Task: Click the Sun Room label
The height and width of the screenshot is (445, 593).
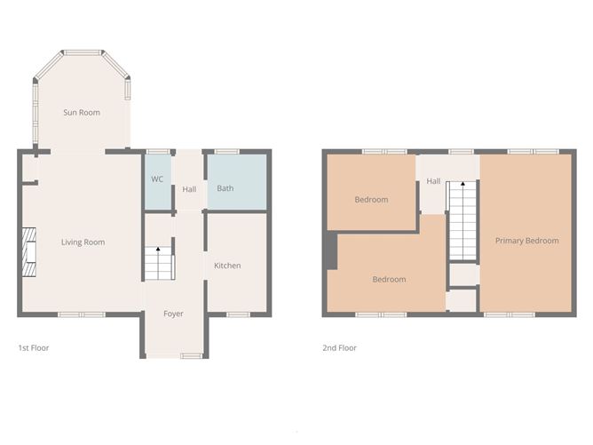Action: click(81, 113)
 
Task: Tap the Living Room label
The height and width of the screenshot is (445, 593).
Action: click(83, 242)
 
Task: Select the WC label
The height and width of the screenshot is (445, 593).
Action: click(157, 179)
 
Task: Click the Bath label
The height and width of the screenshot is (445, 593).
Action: click(225, 188)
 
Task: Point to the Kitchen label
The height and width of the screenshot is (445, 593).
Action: click(227, 266)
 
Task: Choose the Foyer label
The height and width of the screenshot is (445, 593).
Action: click(173, 314)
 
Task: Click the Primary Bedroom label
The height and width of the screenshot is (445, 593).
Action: click(527, 241)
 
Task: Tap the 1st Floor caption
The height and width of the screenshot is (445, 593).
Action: click(34, 348)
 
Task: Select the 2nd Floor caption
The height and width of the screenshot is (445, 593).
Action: click(339, 348)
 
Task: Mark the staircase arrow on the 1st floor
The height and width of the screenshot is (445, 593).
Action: click(159, 250)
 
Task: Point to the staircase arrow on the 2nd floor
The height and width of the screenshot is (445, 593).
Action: click(462, 184)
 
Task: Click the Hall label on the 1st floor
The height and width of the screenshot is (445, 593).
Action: click(189, 189)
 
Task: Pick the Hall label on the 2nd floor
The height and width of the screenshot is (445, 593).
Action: click(433, 181)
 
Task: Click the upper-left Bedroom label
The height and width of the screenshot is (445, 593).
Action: click(371, 199)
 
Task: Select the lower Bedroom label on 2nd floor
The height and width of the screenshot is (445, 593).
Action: click(389, 280)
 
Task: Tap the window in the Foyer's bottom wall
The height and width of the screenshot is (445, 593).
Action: click(191, 356)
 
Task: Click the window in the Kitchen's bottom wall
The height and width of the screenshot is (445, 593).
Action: click(238, 314)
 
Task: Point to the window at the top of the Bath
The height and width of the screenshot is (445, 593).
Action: click(227, 152)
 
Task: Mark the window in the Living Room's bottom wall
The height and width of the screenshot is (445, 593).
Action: click(82, 314)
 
